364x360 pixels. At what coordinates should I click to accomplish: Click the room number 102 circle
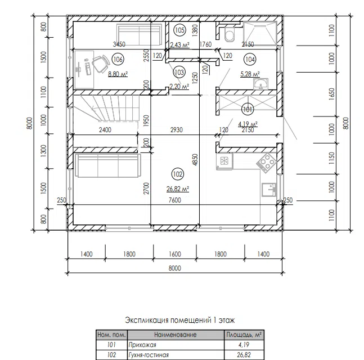[178, 174]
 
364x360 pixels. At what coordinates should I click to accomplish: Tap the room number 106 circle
[118, 60]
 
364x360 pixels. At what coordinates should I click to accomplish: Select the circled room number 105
[179, 30]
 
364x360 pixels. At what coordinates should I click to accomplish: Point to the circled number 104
[250, 60]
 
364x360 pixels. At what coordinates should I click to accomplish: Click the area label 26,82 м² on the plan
[178, 189]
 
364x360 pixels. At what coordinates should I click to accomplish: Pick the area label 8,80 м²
[118, 74]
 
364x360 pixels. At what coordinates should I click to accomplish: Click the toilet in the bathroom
[230, 35]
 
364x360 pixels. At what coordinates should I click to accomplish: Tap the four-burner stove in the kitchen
[267, 163]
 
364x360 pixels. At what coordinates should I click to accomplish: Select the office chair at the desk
[101, 64]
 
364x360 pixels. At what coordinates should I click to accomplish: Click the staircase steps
[106, 108]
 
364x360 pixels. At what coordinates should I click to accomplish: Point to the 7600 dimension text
[175, 200]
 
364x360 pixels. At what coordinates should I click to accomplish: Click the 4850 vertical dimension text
[195, 160]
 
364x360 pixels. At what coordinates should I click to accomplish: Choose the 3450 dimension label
[119, 44]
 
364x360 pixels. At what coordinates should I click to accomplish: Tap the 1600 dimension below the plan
[175, 254]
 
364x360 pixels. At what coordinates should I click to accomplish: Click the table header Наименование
[176, 335]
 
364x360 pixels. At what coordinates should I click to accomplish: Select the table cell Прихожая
[142, 345]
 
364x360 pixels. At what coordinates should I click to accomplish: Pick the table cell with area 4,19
[244, 345]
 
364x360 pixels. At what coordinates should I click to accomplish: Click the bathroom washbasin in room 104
[261, 84]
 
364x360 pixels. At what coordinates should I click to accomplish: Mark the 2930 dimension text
[177, 130]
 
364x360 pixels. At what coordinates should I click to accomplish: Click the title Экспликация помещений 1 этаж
[180, 320]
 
